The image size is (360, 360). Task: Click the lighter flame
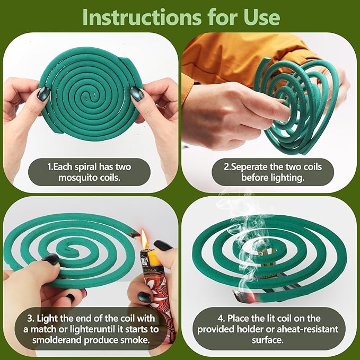coord(144,240)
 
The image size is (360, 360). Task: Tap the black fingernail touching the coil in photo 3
coord(51,259)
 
